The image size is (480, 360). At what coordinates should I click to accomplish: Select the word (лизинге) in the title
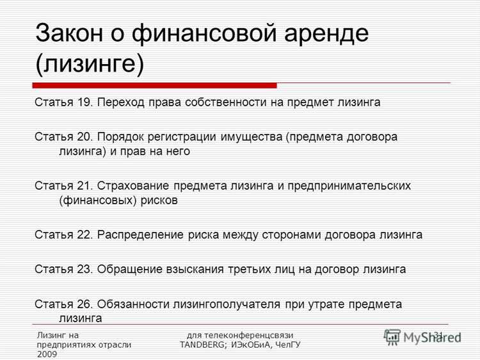pyautogui.click(x=90, y=64)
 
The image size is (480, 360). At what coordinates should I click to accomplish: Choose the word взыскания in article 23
pyautogui.click(x=200, y=269)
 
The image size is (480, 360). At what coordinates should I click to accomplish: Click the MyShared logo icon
pyautogui.click(x=392, y=337)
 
